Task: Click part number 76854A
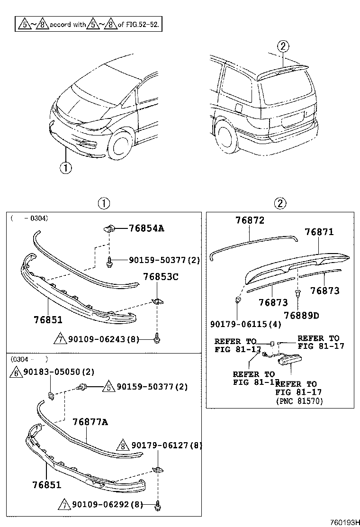(x=146, y=228)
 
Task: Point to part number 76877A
(x=90, y=422)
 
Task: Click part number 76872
(x=250, y=220)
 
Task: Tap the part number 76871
(x=319, y=232)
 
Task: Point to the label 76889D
(x=302, y=315)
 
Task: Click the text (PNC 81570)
(x=299, y=401)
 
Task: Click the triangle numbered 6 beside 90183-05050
(x=14, y=373)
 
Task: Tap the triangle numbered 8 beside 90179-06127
(x=123, y=446)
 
